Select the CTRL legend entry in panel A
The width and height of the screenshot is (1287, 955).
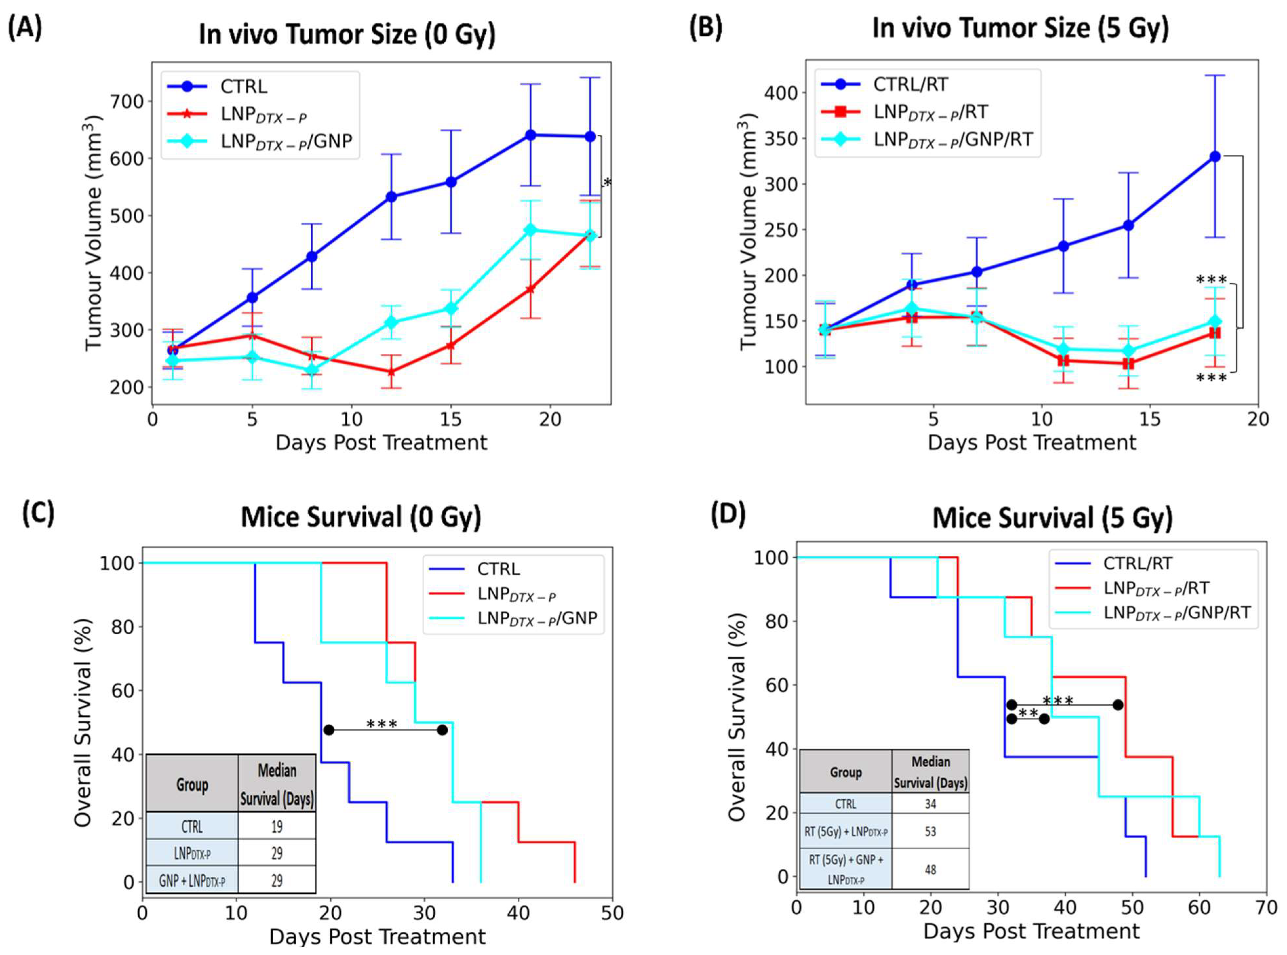pyautogui.click(x=243, y=87)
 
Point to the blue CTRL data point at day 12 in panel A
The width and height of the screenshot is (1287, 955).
pyautogui.click(x=391, y=197)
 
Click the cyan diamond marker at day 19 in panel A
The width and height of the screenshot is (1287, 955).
pyautogui.click(x=530, y=230)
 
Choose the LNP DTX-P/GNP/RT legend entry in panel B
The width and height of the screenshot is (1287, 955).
pyautogui.click(x=952, y=139)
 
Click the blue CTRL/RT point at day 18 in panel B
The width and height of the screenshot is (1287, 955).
pyautogui.click(x=1215, y=156)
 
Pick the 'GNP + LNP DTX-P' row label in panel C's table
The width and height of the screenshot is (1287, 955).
pyautogui.click(x=192, y=881)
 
